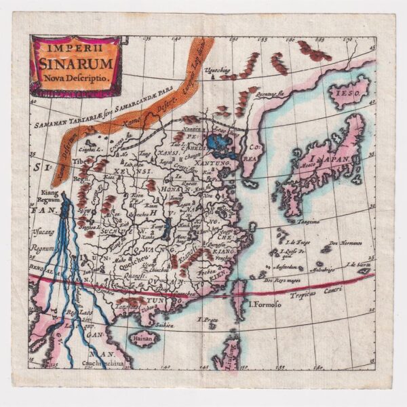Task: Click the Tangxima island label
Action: [x=309, y=220]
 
